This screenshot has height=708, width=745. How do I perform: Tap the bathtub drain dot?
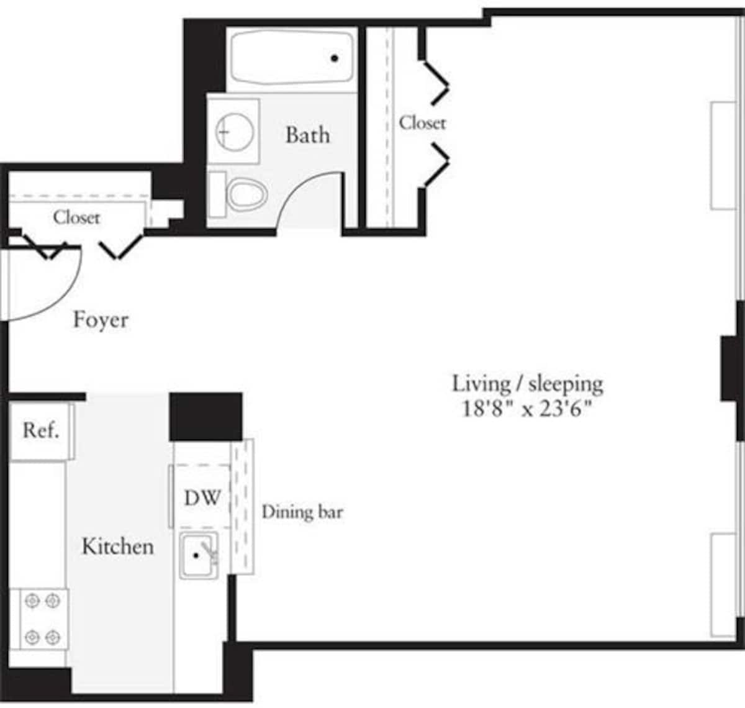(335, 58)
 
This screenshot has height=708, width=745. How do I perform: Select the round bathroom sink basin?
(233, 131)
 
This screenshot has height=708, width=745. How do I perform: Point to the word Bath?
(307, 135)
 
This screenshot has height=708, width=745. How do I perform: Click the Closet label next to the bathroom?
(422, 122)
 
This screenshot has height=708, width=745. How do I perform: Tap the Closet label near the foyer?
(76, 217)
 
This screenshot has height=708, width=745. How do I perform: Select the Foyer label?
(101, 320)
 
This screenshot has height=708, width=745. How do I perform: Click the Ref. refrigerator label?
(41, 430)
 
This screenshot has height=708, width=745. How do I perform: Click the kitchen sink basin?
(197, 555)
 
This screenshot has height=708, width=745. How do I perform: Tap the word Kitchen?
(117, 547)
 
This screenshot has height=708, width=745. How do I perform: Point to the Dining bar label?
(302, 512)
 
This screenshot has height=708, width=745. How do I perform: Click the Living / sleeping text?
(527, 383)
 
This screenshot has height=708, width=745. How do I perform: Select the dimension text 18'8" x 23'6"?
(526, 409)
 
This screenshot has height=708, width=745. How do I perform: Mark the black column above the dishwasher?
(205, 417)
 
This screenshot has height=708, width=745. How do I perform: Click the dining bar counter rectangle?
(242, 506)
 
